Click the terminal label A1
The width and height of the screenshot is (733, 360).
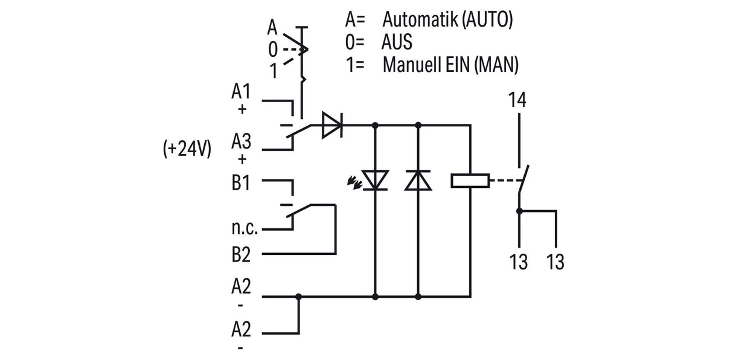pos(241,91)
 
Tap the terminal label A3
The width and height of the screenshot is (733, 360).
pos(241,141)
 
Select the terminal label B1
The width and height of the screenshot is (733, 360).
pos(241,182)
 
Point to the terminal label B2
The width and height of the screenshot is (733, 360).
pos(241,255)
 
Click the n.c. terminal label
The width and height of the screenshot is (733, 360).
pos(245,228)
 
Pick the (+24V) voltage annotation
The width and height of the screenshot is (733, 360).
pos(187,149)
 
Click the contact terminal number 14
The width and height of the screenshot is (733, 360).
pos(517,100)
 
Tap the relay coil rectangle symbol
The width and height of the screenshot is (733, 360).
pos(470,181)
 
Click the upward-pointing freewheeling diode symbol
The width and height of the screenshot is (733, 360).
pos(418,180)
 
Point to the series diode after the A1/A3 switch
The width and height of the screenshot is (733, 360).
pos(332,125)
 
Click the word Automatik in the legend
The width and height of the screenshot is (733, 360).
pos(420,19)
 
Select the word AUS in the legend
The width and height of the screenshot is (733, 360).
pos(397,42)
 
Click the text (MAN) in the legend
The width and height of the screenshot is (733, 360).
pos(496,65)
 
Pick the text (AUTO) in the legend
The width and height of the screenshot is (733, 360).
pos(487,20)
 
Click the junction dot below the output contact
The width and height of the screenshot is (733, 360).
pos(519,211)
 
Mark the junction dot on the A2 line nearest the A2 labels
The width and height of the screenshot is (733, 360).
pos(298,297)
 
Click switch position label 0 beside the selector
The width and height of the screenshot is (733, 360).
pos(272,50)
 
